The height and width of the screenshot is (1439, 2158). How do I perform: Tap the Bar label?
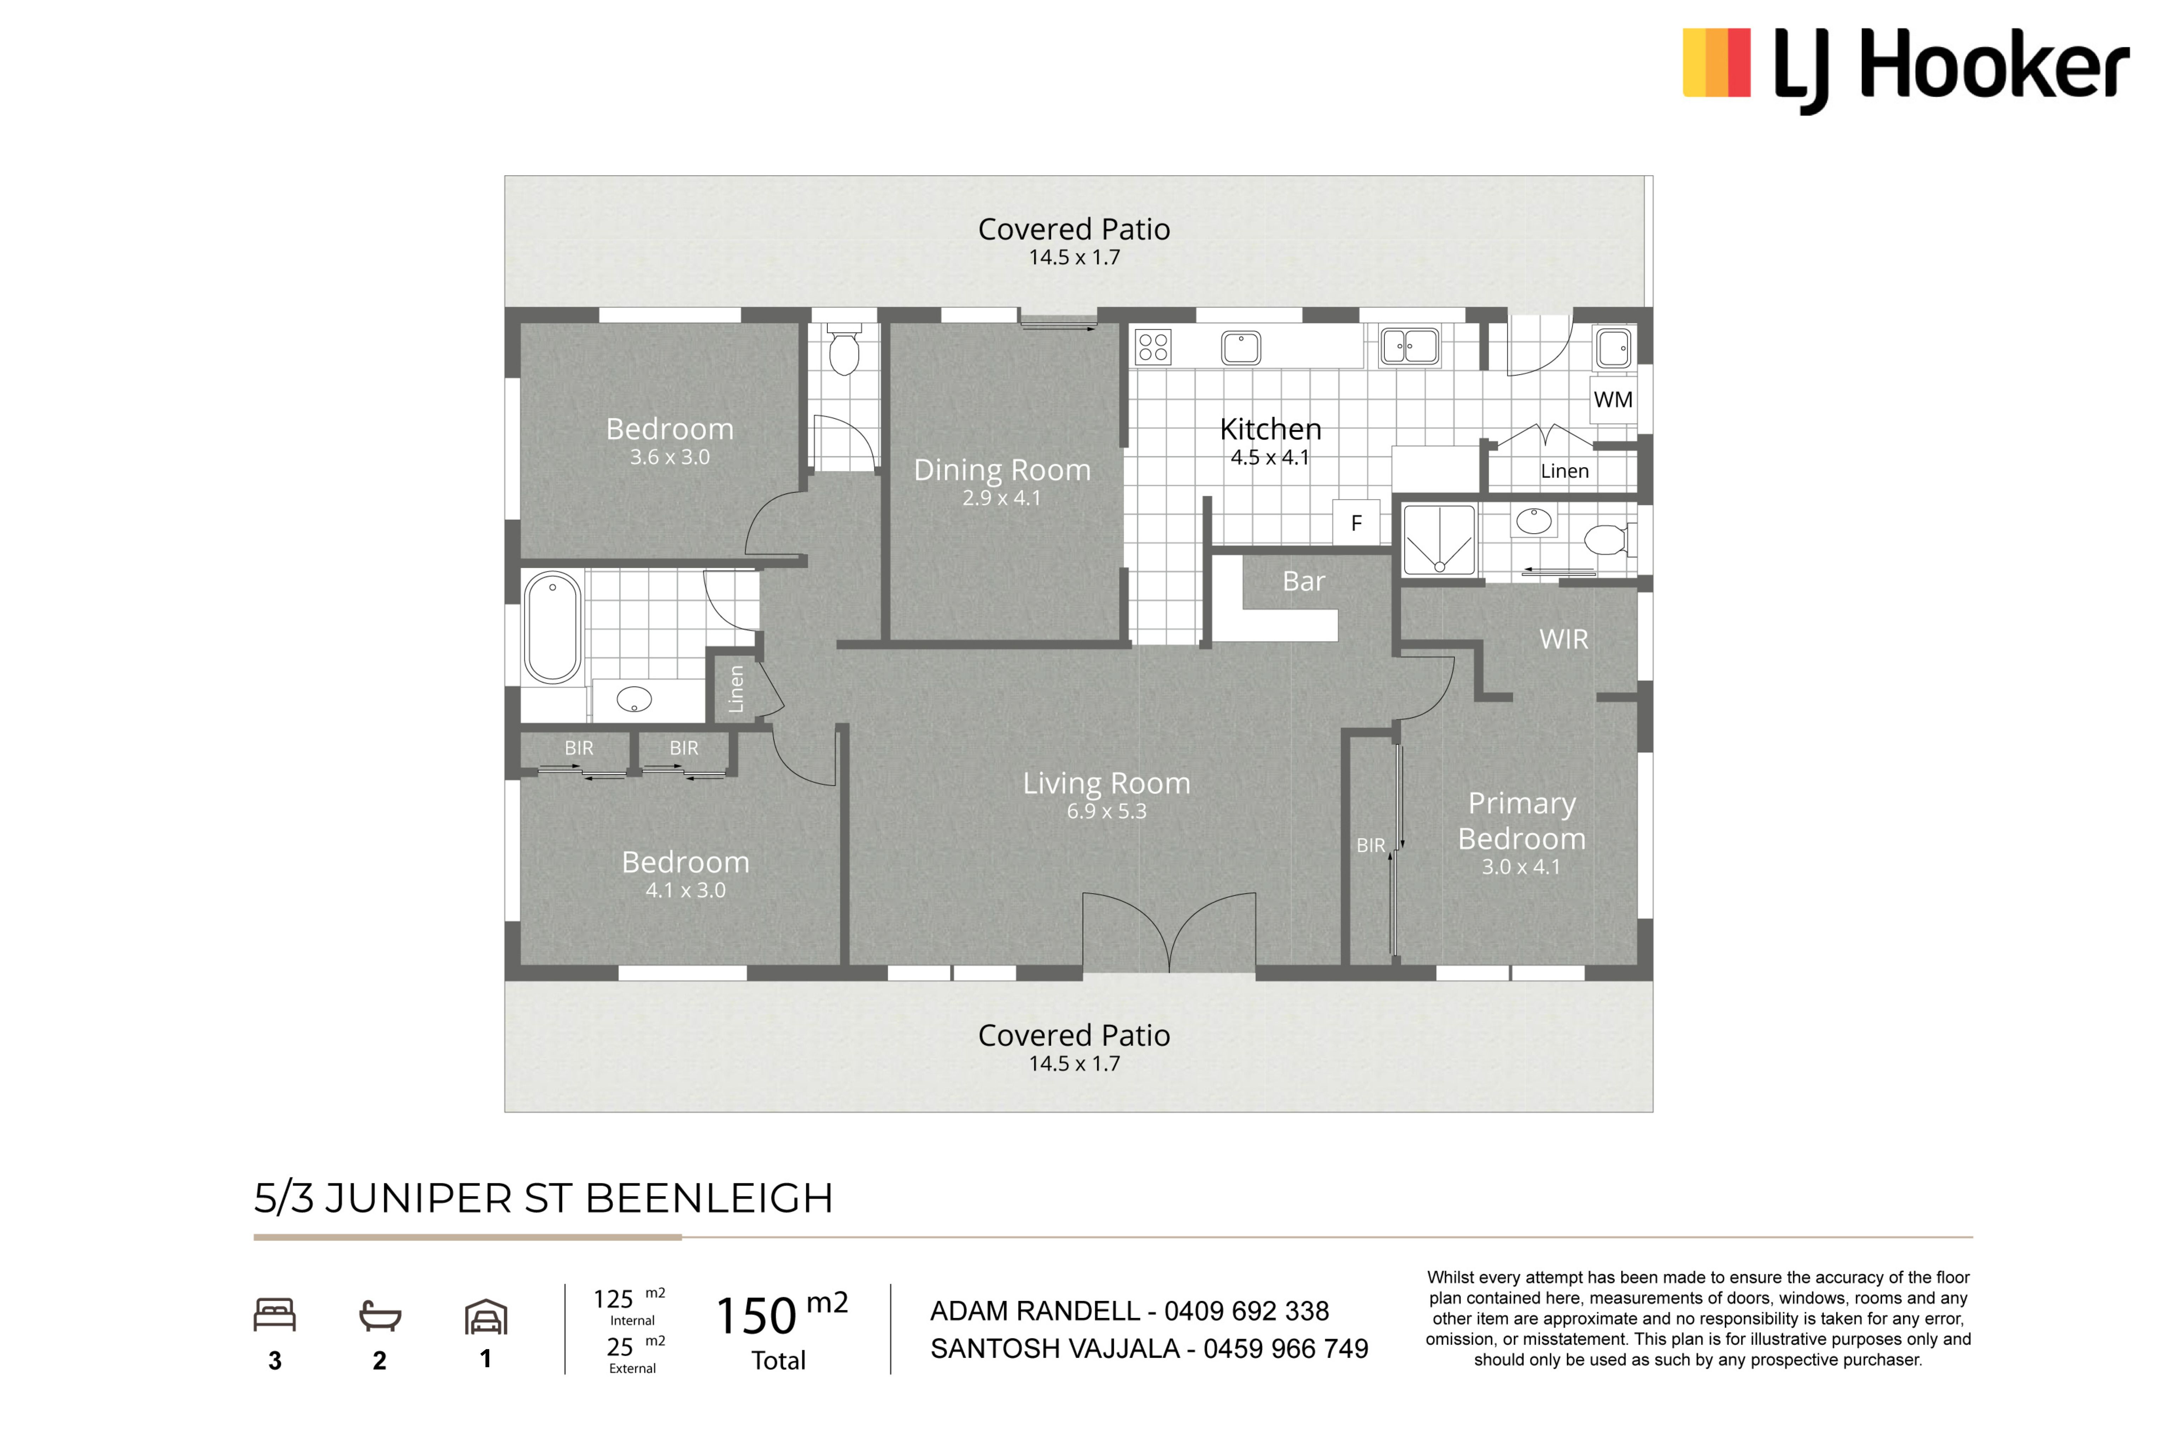point(1304,581)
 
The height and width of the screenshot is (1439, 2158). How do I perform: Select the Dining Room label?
point(1002,470)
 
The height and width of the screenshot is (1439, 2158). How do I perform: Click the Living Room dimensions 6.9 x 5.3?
point(1106,811)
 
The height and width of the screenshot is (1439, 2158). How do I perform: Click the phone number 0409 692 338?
point(1246,1311)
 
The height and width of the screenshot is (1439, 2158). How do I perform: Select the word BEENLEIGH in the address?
point(708,1199)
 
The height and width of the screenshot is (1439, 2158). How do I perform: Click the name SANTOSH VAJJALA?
point(1055,1349)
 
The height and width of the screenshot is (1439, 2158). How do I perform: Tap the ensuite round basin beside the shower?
point(1533,521)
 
